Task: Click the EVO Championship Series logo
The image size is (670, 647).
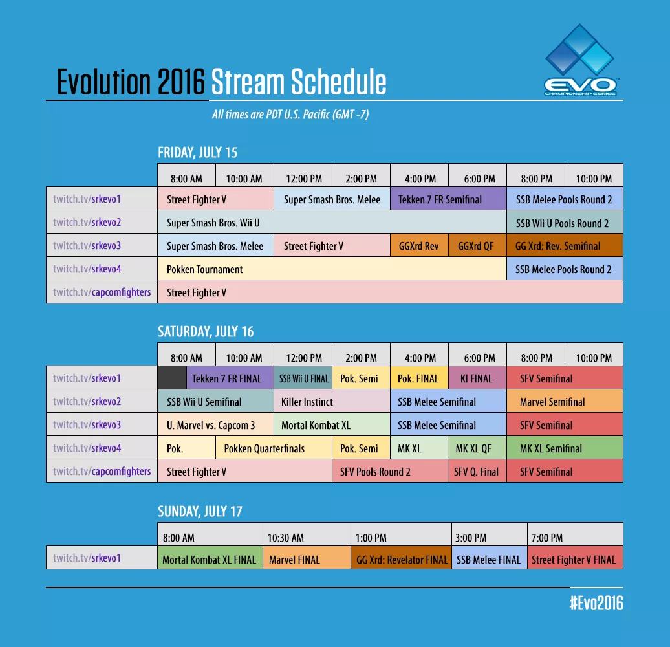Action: (580, 61)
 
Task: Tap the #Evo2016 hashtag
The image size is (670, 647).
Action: (596, 603)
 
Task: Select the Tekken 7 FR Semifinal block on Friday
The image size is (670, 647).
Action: (448, 199)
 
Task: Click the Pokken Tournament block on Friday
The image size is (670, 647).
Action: (332, 269)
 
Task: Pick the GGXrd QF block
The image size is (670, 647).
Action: (477, 246)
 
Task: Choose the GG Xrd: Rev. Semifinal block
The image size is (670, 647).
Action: (565, 246)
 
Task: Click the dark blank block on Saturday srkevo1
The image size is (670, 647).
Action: (171, 378)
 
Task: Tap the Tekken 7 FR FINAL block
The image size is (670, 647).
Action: (230, 378)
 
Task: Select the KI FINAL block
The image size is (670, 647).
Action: (477, 378)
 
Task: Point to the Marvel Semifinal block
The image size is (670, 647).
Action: (565, 402)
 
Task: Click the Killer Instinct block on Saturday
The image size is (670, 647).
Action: (332, 402)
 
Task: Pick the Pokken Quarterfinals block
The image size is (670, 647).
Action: (274, 448)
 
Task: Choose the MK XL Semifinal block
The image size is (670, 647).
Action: (565, 448)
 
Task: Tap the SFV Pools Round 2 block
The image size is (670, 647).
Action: (390, 472)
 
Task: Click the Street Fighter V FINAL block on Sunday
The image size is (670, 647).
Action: (575, 560)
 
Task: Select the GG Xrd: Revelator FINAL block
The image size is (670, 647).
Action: (401, 560)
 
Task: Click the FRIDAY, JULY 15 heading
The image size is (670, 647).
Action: (198, 153)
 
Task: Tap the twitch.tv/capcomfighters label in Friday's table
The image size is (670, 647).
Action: (102, 292)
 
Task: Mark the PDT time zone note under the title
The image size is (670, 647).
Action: (290, 115)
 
